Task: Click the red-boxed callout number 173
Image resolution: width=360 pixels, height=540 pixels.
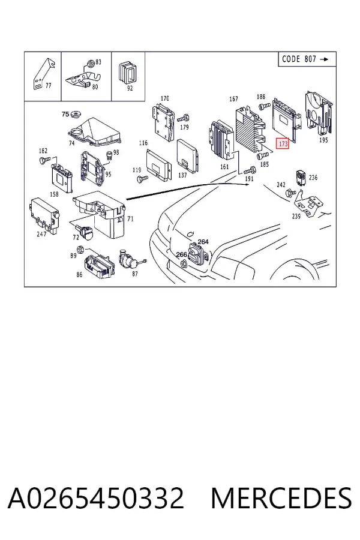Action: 283,143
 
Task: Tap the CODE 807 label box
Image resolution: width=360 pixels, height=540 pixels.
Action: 307,59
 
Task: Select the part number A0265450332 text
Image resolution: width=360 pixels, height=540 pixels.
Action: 96,498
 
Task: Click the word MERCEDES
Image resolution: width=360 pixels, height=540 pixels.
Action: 281,498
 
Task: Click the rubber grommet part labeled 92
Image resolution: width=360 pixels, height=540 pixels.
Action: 127,73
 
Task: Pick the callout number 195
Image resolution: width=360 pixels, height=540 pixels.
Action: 323,140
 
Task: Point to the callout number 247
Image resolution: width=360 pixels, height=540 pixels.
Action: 41,234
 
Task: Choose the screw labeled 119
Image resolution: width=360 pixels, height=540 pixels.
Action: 142,178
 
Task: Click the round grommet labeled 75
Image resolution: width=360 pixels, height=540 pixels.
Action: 75,114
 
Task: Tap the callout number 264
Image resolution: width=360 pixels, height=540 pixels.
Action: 203,242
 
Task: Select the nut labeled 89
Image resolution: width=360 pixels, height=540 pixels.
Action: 80,248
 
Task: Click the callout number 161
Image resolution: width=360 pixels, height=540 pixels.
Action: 224,167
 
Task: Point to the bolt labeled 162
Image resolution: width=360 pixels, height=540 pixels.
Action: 45,159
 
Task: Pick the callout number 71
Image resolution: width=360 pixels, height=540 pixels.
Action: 130,218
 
